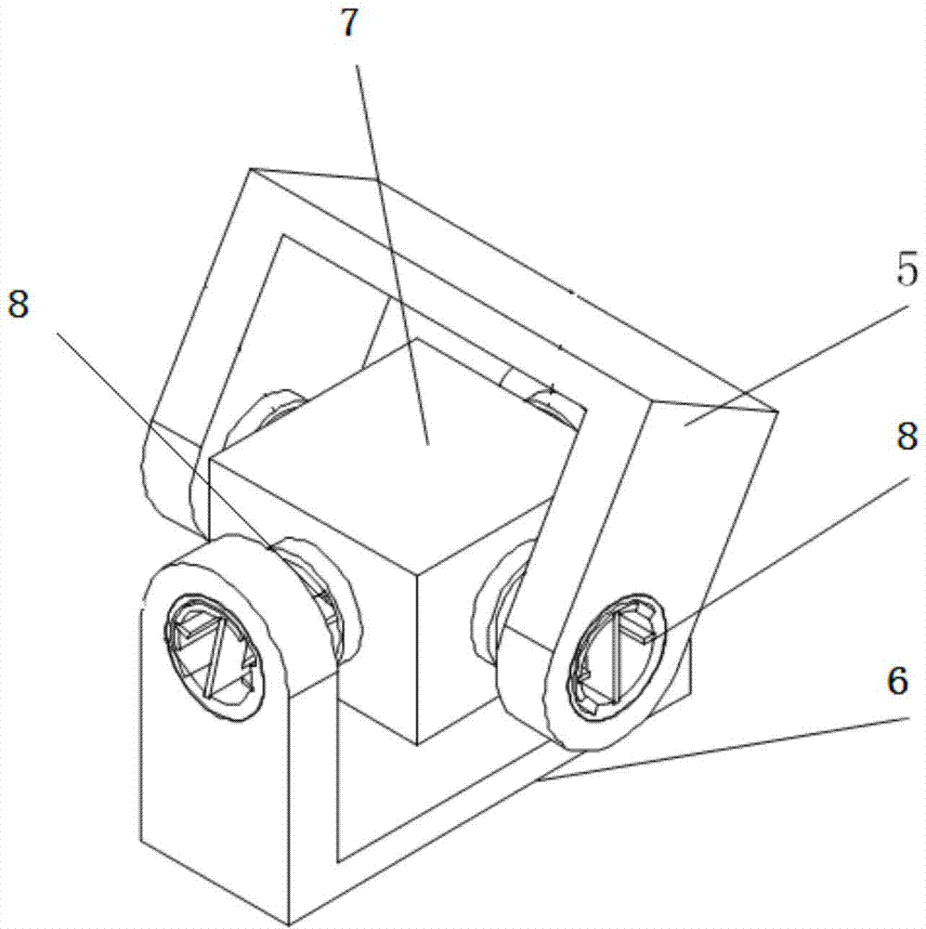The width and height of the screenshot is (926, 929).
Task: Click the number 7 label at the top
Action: [349, 23]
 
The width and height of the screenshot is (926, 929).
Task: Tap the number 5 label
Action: [906, 269]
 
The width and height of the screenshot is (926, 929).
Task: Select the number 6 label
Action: [897, 680]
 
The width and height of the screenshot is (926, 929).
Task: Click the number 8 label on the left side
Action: [19, 305]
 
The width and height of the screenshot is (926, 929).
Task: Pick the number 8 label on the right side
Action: [907, 438]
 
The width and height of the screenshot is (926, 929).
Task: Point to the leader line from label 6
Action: [723, 750]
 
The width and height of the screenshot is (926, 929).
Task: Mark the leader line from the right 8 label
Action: [778, 559]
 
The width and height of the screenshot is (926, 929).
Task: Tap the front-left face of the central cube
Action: [314, 598]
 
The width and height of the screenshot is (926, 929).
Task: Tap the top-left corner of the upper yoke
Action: [251, 169]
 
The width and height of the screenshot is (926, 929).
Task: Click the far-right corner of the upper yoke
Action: [776, 412]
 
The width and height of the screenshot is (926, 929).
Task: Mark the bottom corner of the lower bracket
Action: [289, 923]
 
